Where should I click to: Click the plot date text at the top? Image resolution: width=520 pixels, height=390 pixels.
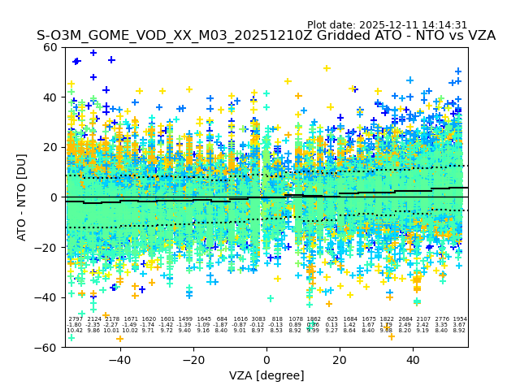click(x=387, y=25)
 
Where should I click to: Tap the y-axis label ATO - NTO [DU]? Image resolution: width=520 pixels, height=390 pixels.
click(x=23, y=197)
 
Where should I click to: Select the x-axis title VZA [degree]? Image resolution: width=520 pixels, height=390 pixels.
click(x=266, y=375)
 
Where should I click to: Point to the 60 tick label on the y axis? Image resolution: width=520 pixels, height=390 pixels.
click(x=50, y=47)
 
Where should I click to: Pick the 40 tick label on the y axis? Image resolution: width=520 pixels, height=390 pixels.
click(x=50, y=97)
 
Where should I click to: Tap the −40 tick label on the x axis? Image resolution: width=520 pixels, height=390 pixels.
click(x=119, y=360)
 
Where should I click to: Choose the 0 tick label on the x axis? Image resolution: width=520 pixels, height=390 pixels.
click(x=266, y=360)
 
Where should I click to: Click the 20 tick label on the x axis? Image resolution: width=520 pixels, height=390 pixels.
click(x=340, y=360)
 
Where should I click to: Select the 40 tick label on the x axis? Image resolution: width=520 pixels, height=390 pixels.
click(x=413, y=360)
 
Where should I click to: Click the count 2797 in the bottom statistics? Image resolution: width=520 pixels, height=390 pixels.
click(x=75, y=319)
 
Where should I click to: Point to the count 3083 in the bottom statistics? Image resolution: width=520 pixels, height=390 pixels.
click(x=258, y=319)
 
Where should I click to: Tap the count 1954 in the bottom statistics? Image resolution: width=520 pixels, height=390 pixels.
click(x=460, y=319)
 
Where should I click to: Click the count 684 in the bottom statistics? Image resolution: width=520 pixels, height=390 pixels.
click(x=222, y=319)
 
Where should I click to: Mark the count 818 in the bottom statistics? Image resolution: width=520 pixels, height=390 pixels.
click(x=277, y=319)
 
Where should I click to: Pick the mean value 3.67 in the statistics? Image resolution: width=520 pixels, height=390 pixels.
click(x=460, y=325)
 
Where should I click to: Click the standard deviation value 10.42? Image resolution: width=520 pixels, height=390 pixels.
click(x=75, y=331)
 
